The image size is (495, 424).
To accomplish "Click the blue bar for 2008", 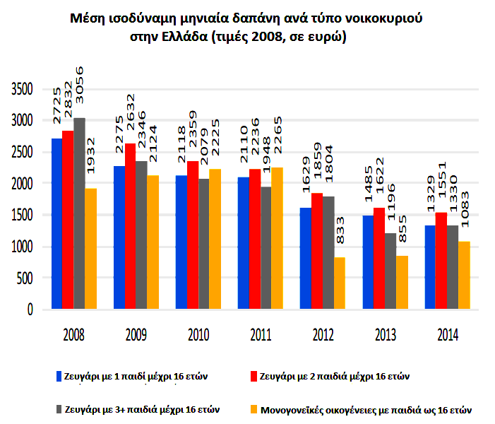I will point(56,223).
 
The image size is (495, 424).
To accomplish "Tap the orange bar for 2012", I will point(340,283).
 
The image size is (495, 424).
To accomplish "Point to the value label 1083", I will point(465,208).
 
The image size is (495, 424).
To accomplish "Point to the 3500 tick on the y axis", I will point(23,90).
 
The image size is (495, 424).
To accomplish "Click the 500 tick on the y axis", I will point(28,278).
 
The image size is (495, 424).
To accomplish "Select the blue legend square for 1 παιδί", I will point(59,376).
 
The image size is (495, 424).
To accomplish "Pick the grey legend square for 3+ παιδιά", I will point(59,408).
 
